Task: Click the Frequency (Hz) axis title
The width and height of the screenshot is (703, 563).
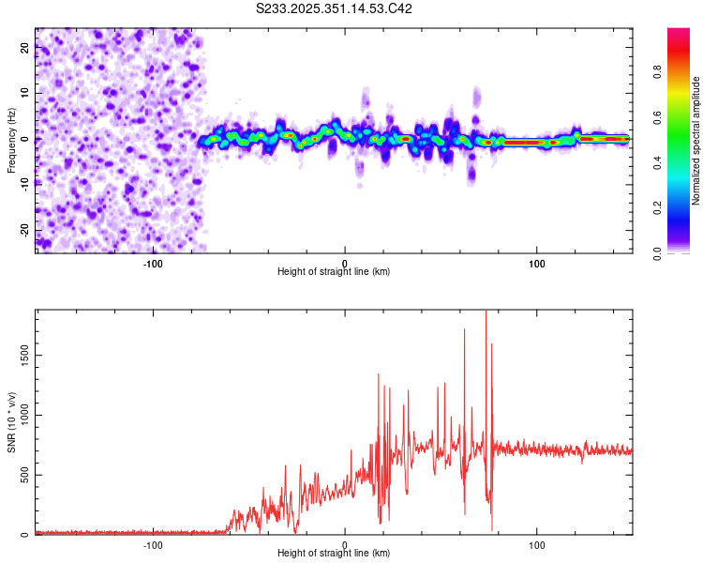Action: click(x=10, y=139)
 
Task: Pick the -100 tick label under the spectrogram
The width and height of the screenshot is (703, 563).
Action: click(x=153, y=264)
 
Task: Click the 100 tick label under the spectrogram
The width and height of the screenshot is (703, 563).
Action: click(x=537, y=264)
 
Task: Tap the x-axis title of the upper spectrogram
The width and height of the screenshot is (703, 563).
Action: click(x=334, y=272)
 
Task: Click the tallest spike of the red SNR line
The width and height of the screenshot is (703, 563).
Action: click(x=486, y=312)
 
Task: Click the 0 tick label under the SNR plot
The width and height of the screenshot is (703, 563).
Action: click(x=345, y=545)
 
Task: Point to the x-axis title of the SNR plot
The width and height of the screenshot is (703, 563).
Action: click(x=334, y=554)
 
